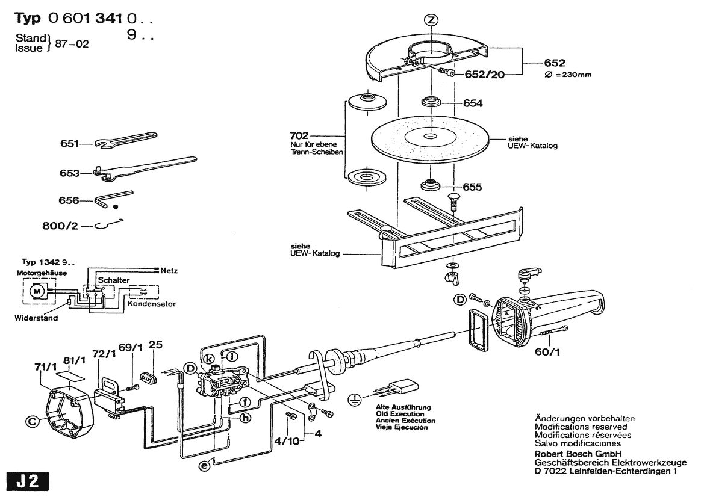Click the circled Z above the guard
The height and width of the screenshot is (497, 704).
pos(430,20)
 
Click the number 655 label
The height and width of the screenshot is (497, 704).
pos(472,187)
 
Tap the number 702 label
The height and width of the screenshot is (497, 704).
pos(299,136)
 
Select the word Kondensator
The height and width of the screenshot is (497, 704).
pos(152,304)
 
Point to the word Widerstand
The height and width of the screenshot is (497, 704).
pos(36,318)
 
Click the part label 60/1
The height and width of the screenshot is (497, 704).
pos(548,353)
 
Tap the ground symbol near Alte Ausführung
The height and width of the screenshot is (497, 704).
pos(356,399)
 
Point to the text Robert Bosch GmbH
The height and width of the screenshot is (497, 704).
pos(578,454)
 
